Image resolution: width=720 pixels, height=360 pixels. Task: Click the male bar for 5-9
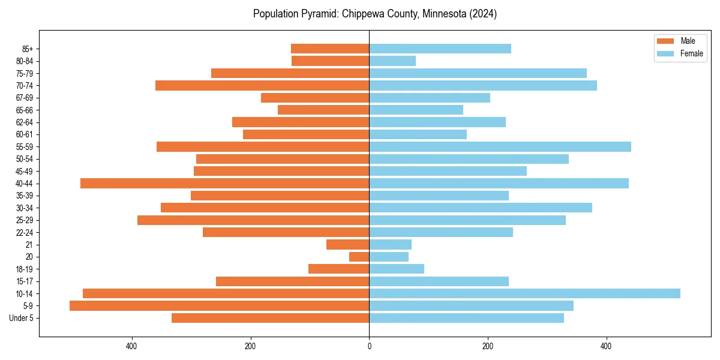pyautogui.click(x=219, y=306)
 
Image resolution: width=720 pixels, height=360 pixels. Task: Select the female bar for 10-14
pyautogui.click(x=524, y=293)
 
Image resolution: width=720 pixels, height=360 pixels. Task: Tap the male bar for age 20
pyautogui.click(x=359, y=257)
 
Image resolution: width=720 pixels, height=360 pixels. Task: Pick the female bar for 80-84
pyautogui.click(x=392, y=61)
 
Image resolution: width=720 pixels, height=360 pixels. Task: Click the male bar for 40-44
pyautogui.click(x=224, y=184)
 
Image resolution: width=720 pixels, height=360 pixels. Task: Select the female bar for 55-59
pyautogui.click(x=500, y=147)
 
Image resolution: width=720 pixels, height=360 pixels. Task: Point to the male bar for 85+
pyautogui.click(x=330, y=49)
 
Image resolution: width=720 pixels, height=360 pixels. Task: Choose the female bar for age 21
pyautogui.click(x=390, y=245)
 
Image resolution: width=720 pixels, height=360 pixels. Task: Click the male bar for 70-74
pyautogui.click(x=262, y=86)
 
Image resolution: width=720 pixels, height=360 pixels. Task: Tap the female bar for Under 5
pyautogui.click(x=466, y=318)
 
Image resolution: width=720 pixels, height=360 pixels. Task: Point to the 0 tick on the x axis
pyautogui.click(x=369, y=346)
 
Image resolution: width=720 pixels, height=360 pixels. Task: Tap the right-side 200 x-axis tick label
pyautogui.click(x=488, y=346)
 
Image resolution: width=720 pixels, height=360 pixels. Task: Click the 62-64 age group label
pyautogui.click(x=25, y=122)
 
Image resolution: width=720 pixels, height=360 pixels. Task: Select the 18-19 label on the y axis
pyautogui.click(x=25, y=269)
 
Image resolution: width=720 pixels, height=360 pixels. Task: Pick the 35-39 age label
pyautogui.click(x=25, y=196)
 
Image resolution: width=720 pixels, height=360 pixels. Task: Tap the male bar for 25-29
pyautogui.click(x=253, y=220)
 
